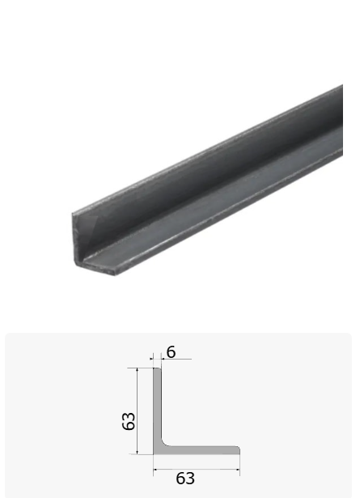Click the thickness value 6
[171, 352]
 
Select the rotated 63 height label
[129, 421]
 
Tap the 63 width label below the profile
[185, 479]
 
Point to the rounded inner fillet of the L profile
[164, 444]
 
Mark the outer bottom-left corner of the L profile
[154, 454]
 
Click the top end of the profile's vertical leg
[157, 368]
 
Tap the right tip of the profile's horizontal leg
[239, 450]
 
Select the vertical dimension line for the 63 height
[137, 411]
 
